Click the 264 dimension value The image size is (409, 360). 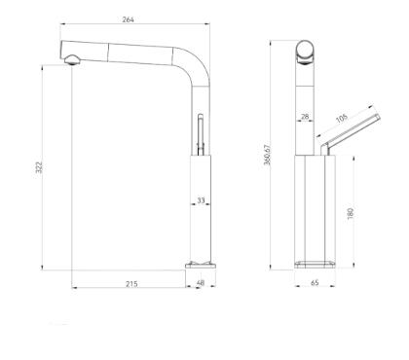pos(128,19)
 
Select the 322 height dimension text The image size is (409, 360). pos(39,167)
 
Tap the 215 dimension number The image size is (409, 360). pos(131,284)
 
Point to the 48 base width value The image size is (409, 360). pos(201,283)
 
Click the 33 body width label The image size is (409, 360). pos(201,200)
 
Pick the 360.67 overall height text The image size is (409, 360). pos(267,155)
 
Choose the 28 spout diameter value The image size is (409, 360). pos(305,117)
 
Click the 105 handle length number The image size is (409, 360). pos(342,119)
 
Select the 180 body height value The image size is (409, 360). pos(350,213)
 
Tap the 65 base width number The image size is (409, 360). pos(315,283)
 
